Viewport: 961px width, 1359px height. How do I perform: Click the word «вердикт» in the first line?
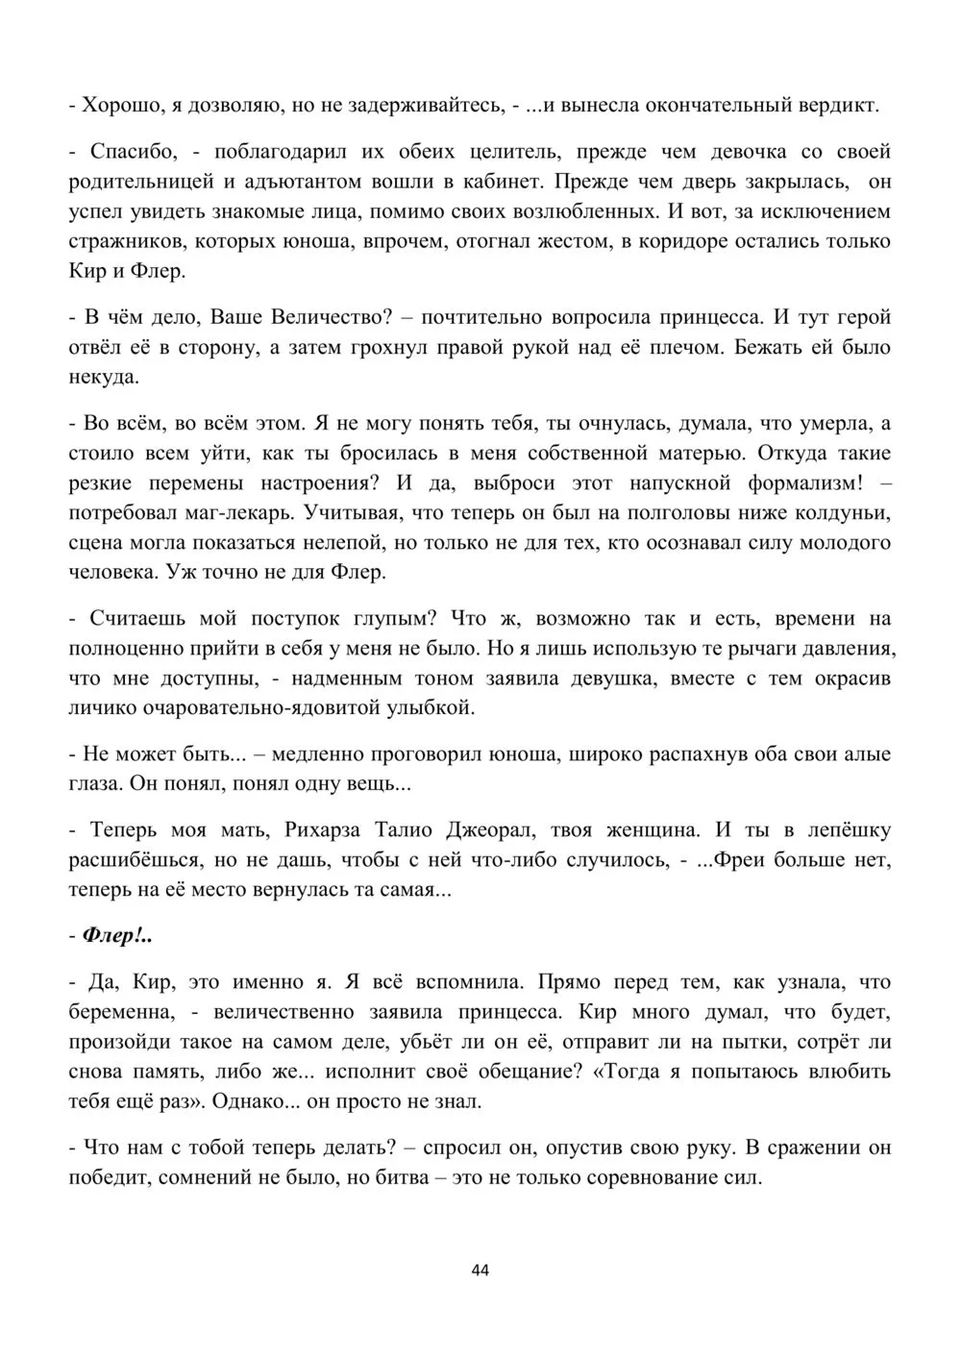tap(839, 105)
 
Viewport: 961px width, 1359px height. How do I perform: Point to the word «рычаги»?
tap(739, 648)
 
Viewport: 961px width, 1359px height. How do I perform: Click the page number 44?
tap(480, 1271)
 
